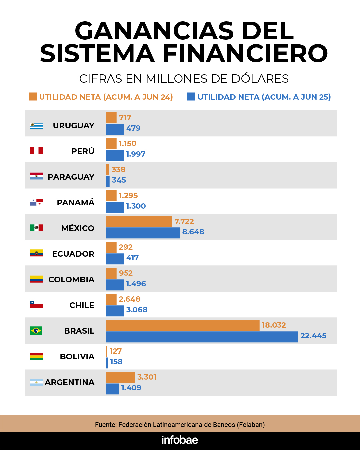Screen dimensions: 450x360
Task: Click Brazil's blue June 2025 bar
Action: point(201,337)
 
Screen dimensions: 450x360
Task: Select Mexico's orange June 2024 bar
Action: point(139,222)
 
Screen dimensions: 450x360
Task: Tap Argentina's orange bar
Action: point(120,377)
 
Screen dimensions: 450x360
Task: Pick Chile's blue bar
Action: point(115,311)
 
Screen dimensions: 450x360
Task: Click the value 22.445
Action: point(313,336)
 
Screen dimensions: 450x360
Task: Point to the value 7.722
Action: point(184,221)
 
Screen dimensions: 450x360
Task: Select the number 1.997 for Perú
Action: point(136,154)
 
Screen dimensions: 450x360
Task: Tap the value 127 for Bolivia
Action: point(116,351)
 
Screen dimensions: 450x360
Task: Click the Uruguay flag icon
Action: point(36,126)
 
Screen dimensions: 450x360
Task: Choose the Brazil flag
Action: point(36,331)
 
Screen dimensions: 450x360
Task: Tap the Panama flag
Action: point(36,202)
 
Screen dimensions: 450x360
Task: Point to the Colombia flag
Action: point(36,279)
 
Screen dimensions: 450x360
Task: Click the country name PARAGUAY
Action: point(71,177)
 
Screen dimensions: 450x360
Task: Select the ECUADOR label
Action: point(73,254)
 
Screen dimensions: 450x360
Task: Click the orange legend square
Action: point(33,97)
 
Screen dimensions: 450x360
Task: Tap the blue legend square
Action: point(191,97)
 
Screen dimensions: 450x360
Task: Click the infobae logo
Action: point(180,440)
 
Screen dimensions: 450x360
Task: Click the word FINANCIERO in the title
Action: point(245,54)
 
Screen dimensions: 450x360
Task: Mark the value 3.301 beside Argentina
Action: point(147,377)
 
